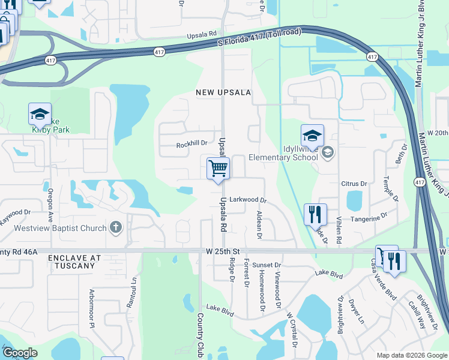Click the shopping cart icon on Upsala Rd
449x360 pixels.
(218, 169)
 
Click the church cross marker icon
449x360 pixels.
(116, 228)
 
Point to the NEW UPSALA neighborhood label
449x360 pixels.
(223, 92)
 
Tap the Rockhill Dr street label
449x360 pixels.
(191, 144)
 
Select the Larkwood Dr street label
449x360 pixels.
(247, 199)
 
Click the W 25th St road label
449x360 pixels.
(222, 250)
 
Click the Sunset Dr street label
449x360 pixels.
(267, 265)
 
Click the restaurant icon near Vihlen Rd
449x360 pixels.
(315, 214)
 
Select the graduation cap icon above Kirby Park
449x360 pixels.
(40, 114)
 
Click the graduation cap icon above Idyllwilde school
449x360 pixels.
(312, 136)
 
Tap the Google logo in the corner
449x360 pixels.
(19, 353)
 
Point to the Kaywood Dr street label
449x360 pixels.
(15, 216)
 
